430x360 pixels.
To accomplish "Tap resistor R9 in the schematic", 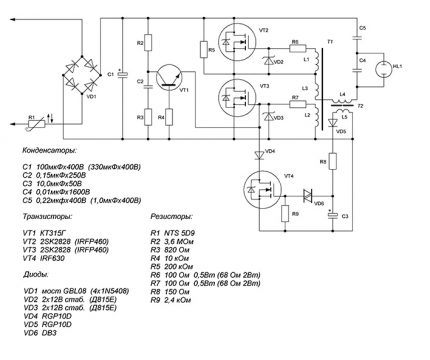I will (285, 213).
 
